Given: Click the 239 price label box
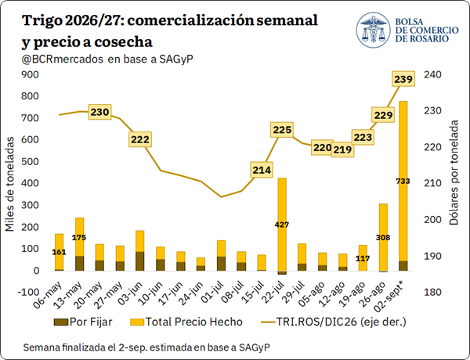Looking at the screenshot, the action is point(403,79).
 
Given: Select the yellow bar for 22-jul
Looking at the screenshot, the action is point(282,225).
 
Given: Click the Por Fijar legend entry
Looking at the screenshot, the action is point(83,322).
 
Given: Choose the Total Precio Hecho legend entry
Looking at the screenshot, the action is point(186,322).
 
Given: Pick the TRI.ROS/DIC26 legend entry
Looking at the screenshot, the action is point(334,322).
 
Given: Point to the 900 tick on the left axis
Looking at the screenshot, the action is point(31,74).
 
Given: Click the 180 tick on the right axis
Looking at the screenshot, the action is point(432,292).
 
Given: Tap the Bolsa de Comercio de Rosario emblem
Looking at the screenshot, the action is point(373,30).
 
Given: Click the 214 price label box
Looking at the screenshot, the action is point(262,170).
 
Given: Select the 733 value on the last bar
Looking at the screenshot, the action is point(403,182).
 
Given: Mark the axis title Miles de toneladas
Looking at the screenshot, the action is point(10,184).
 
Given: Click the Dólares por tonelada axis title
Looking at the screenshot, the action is point(454,172).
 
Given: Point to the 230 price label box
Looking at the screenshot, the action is point(99,112).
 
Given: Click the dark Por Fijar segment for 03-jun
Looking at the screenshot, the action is point(140,261).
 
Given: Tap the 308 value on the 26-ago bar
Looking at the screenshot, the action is point(383,237).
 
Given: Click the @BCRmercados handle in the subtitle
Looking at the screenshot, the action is point(63,59).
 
